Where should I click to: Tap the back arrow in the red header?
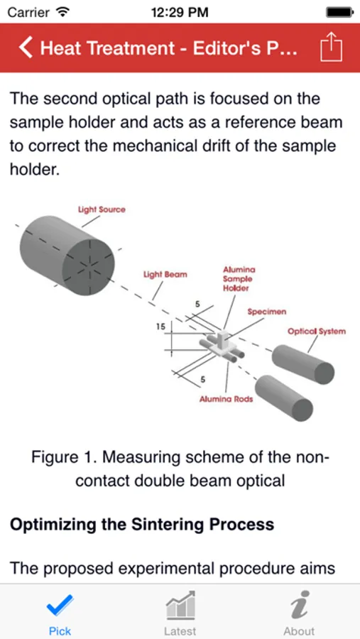26,48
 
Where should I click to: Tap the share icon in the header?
331,47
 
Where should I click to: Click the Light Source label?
102,209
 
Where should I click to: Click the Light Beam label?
165,274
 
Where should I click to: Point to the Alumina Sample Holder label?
238,279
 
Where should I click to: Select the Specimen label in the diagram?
267,312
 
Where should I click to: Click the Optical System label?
317,331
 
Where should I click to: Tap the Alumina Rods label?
226,399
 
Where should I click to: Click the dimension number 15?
161,327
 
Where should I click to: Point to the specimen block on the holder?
223,341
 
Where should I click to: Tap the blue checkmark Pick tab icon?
60,606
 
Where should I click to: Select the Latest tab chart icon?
180,605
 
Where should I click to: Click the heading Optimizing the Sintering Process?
142,524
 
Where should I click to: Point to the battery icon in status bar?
339,12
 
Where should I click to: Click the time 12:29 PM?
180,12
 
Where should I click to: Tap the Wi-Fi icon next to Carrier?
62,12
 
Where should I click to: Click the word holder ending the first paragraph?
35,168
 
